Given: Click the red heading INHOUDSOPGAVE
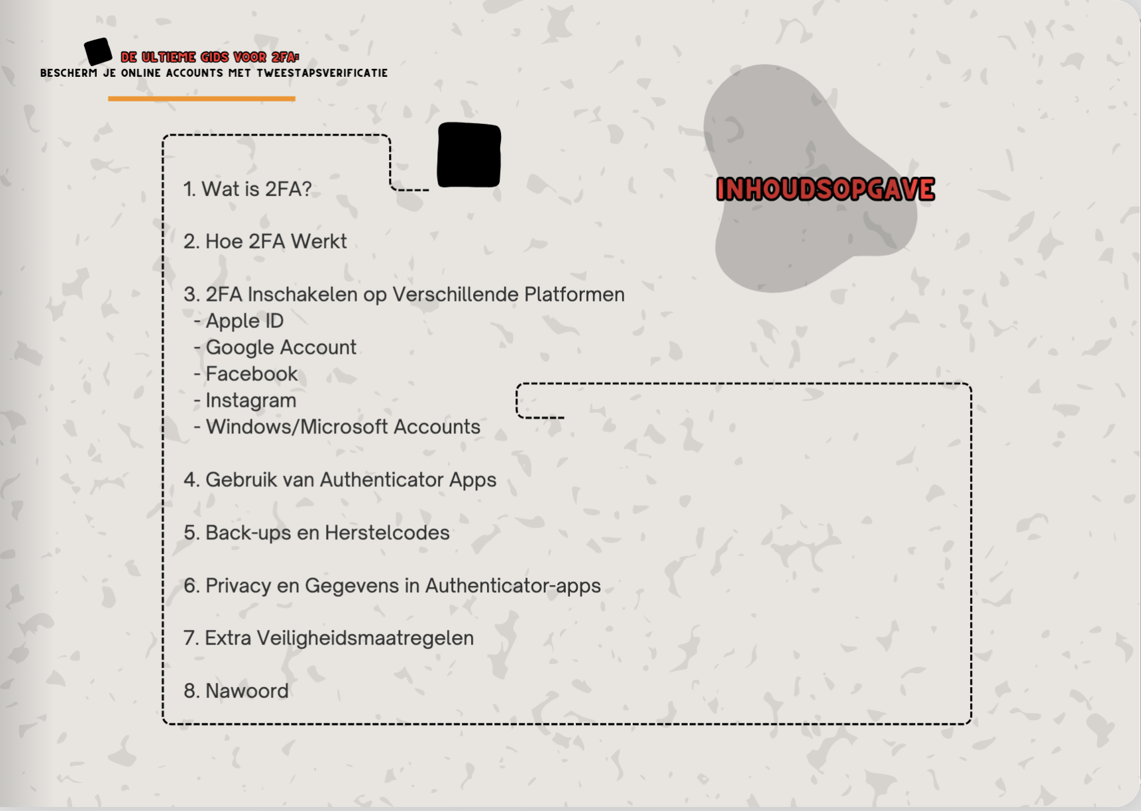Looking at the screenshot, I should (825, 189).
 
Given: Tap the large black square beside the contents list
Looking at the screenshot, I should (468, 155).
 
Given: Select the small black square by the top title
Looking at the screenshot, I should (98, 51).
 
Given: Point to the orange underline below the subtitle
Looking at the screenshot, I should (201, 99).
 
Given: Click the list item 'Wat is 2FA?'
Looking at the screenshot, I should (248, 189).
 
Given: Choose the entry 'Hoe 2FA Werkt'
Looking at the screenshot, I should (265, 242).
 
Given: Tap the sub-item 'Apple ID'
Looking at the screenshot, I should (244, 321).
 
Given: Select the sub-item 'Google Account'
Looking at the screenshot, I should (281, 348).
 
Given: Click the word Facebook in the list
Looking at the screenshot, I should (252, 374).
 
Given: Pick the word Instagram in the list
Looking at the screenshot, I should (250, 401).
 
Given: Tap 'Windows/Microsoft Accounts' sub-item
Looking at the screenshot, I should (343, 427).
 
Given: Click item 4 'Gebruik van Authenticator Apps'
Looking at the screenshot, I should (340, 480).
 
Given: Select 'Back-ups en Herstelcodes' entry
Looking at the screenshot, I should (317, 533).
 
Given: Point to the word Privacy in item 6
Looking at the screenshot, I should (238, 586).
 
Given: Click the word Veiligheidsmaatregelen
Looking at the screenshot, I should (365, 638).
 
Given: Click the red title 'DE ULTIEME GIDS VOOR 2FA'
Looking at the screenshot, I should (209, 58).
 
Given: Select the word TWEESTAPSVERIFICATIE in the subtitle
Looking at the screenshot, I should (322, 74).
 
